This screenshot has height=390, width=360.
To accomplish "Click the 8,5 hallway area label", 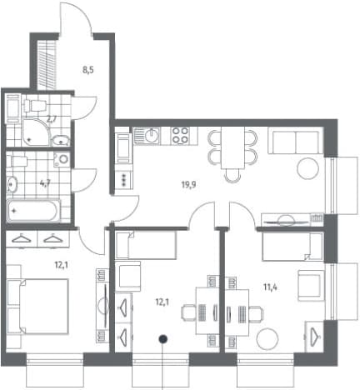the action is coord(88,69).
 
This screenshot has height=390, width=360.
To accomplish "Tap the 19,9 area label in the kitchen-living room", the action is coord(189,184).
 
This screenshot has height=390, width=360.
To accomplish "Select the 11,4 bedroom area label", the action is coord(270,287).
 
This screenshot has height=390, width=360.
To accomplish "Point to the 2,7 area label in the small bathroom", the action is coord(52,119).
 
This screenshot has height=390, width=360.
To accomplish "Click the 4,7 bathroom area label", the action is coord(45,183).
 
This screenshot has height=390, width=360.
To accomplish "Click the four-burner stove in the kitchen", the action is coord(180,135).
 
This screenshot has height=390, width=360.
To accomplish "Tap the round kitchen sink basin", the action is coord(152,136).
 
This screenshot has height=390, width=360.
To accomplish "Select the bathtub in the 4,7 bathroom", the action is coord(33,211).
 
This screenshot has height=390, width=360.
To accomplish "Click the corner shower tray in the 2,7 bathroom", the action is coord(36,132).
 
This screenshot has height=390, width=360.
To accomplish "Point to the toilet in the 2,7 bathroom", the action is coord(35,105).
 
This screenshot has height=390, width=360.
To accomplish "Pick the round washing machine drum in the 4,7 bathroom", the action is coord(63,159).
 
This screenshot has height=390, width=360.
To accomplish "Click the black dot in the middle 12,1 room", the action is coord(162,338).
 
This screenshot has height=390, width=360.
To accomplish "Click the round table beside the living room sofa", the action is coord(307,168).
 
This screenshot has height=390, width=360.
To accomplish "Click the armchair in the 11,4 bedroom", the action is coord(311,286).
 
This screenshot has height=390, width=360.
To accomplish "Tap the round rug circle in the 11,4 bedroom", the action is coord(267,339).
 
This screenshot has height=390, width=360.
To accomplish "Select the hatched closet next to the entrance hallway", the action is coord(47,65).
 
